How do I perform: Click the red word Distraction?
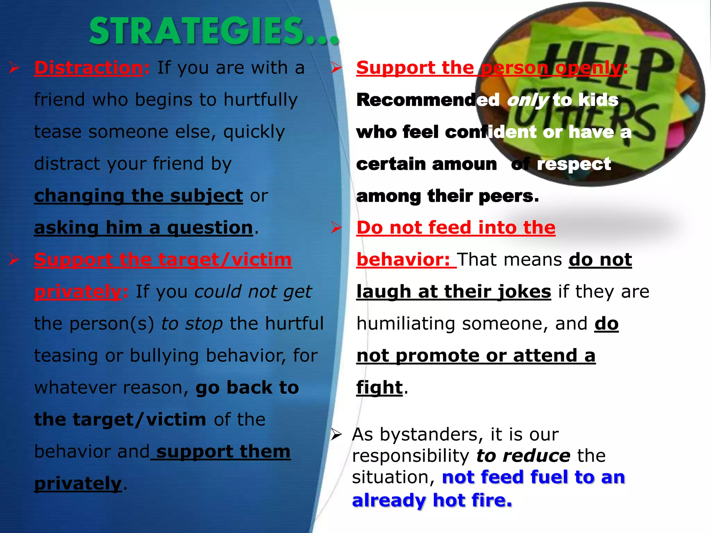pyautogui.click(x=89, y=68)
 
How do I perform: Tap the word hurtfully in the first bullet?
pyautogui.click(x=260, y=100)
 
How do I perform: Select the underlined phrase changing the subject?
pyautogui.click(x=138, y=196)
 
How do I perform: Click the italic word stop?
pyautogui.click(x=204, y=323)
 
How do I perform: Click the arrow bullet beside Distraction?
pyautogui.click(x=14, y=67)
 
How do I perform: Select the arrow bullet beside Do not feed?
pyautogui.click(x=336, y=228)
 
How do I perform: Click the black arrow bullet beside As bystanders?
pyautogui.click(x=336, y=434)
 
